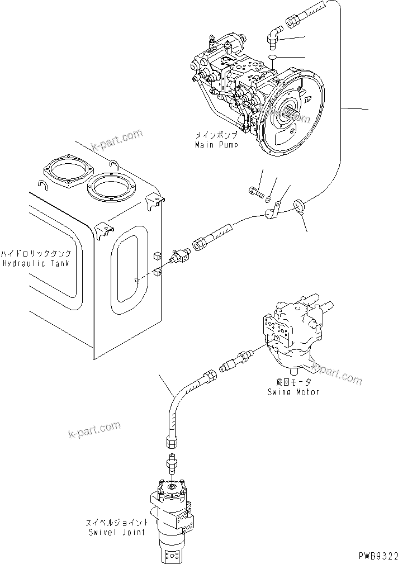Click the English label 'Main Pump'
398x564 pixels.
point(216,145)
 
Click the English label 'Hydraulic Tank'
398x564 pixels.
point(35,263)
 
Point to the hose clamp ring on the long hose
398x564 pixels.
point(299,207)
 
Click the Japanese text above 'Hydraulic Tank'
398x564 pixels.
point(35,253)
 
